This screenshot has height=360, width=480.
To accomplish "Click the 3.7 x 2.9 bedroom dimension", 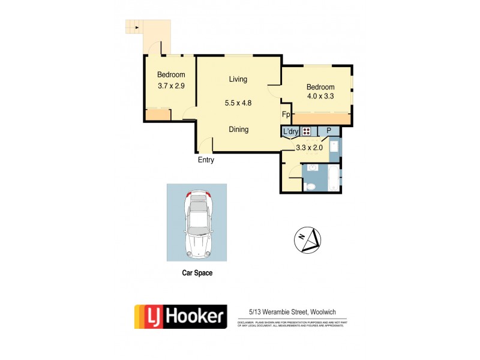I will tap(171, 86).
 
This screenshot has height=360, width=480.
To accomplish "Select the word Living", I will tap(238, 79).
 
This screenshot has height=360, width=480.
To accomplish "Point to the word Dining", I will tap(238, 129).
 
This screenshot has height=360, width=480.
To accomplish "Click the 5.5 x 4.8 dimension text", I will tap(238, 103).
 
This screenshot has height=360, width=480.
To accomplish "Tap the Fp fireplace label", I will tap(286, 115).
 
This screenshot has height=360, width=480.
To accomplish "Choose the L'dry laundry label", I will tap(290, 131).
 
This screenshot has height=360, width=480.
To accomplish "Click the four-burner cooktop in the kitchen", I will tap(307, 131).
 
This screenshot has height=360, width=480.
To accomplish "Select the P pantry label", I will tap(328, 131).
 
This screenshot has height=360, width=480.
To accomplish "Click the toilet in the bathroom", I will tap(310, 186).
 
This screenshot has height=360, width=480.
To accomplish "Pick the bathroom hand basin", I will tap(313, 169).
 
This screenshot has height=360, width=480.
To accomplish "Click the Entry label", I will tap(206, 160).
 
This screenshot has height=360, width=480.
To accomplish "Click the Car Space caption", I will tap(197, 273).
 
